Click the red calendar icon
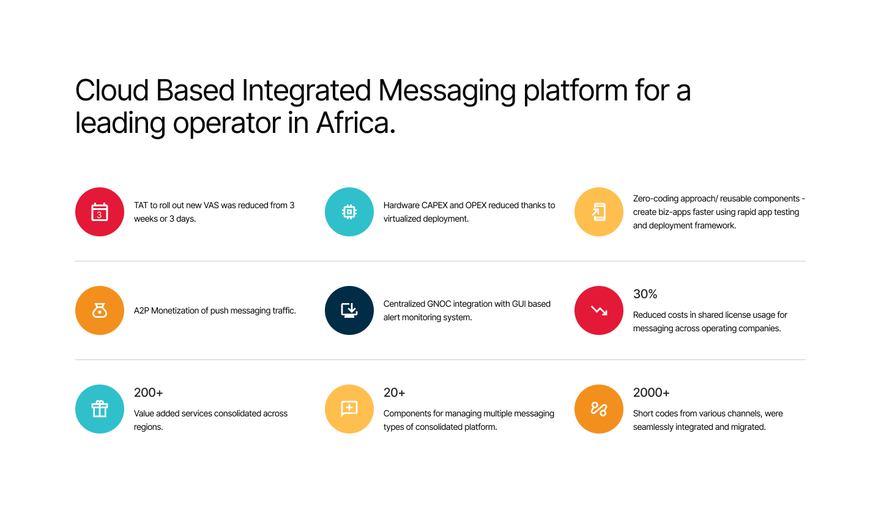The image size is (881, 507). (x=100, y=212)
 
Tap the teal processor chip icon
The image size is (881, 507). (x=349, y=212)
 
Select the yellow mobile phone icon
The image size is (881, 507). (x=599, y=212)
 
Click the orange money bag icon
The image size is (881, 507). (x=100, y=310)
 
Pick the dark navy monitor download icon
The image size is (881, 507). (x=349, y=310)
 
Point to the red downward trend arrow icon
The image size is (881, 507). (x=599, y=310)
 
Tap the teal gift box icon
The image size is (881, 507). (x=100, y=409)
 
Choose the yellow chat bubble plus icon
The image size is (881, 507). (x=349, y=409)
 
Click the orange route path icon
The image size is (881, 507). (x=599, y=409)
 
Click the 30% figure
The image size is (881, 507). (x=645, y=294)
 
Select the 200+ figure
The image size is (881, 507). (x=148, y=392)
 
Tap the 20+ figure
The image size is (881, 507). (x=394, y=392)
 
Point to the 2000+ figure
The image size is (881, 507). (x=652, y=392)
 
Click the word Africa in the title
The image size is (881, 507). (x=355, y=123)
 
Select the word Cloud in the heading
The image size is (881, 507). (x=112, y=90)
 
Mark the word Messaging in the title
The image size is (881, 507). (x=447, y=92)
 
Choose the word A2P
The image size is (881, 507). (x=141, y=310)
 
